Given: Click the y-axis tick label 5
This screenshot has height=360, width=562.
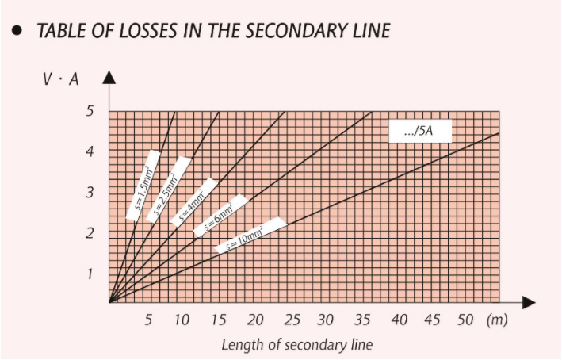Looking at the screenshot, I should pos(90,111).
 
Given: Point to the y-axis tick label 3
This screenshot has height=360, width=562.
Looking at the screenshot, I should pos(90,193).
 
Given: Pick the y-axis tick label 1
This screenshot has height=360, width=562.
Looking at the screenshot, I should pos(90,274).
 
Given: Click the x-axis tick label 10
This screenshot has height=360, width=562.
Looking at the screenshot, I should pos(182,320).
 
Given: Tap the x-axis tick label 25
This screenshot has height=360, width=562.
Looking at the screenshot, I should pos(291,320).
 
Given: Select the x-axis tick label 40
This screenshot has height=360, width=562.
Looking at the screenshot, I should pos(400,320).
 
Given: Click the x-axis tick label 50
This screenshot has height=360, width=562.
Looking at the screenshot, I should pos(465,320).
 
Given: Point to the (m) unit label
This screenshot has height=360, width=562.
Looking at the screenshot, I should pos(497,320).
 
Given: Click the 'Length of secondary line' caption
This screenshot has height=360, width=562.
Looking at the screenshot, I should pos(296,345).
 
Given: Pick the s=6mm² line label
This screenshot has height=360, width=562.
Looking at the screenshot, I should pos(220,214).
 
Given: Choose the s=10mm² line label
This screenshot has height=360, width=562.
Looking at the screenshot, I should pos(250,236).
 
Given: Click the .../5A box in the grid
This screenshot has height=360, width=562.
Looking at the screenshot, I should pos(419,132).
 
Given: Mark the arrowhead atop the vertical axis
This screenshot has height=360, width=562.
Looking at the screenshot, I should pos(109,77).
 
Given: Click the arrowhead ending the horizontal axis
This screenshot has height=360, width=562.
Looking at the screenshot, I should pos(529,302).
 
